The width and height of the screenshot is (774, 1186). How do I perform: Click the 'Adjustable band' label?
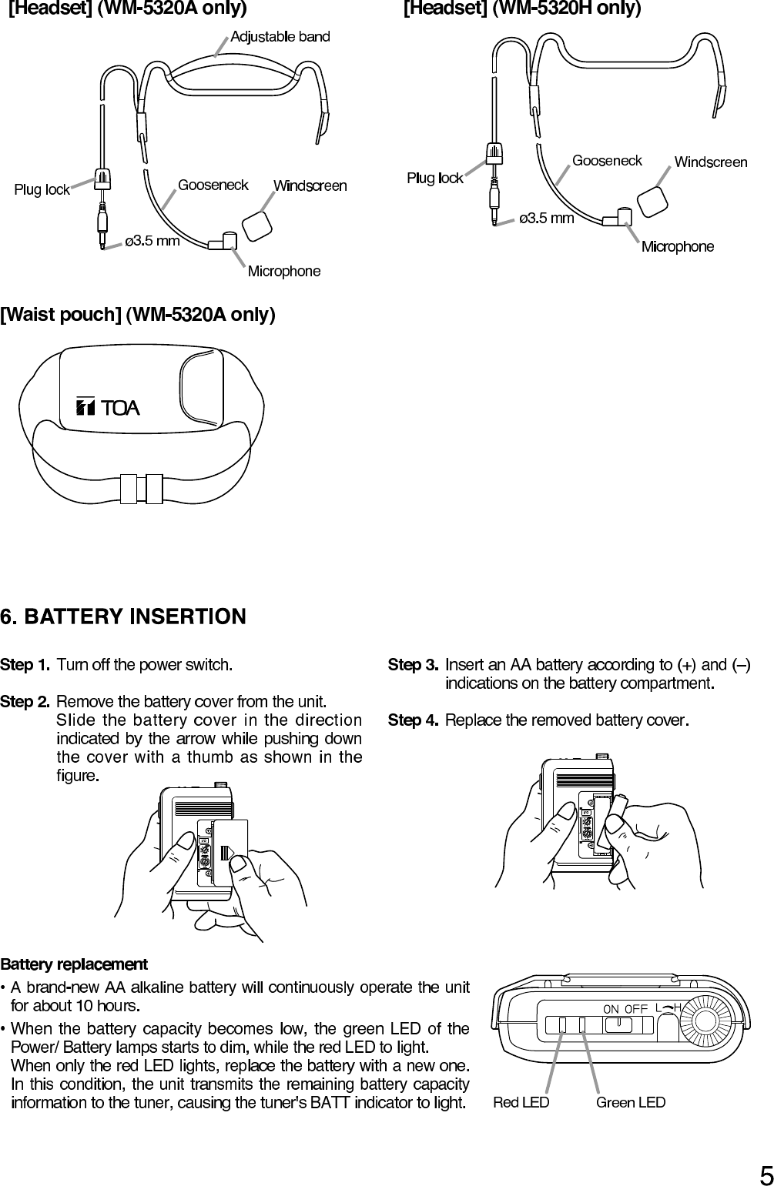280,36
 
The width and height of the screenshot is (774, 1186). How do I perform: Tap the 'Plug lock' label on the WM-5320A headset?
42,190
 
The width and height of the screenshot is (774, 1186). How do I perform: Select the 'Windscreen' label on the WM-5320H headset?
710,162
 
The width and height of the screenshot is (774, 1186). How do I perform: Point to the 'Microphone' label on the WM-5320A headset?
283,271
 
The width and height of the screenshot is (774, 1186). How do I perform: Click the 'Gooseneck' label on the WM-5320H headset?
607,160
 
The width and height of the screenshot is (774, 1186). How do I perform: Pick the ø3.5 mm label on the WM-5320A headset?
152,241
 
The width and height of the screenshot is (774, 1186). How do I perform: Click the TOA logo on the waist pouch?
108,407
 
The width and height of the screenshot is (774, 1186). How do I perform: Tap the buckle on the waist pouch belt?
141,488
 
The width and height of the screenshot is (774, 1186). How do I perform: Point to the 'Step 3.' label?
413,664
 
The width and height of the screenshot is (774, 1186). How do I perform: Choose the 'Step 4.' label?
413,720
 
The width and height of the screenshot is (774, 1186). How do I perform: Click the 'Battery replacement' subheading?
74,964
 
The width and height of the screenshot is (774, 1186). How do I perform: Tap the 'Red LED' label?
521,1102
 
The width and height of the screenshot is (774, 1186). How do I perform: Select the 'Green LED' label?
631,1102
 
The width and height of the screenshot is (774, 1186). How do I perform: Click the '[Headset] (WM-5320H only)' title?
522,9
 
